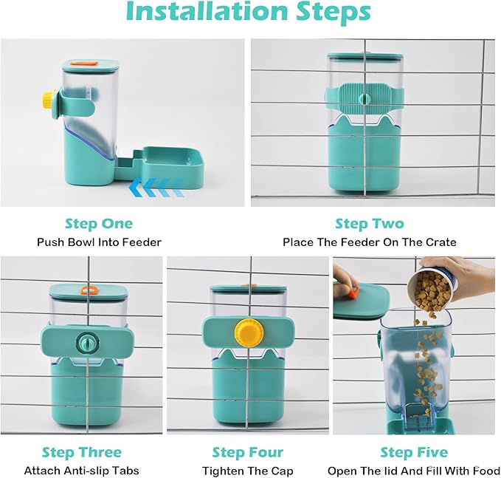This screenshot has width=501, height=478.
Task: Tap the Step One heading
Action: click(99, 223)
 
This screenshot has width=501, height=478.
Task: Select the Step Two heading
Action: click(369, 223)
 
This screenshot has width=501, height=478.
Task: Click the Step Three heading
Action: click(82, 451)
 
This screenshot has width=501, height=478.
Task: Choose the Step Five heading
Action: click(414, 451)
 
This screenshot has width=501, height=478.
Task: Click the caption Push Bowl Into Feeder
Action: click(99, 242)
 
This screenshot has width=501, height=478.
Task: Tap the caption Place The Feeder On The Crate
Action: click(369, 242)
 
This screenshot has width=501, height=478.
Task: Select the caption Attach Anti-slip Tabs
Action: click(82, 471)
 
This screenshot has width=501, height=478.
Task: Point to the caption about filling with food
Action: click(414, 471)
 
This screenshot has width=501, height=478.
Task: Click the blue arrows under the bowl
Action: click(154, 186)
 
